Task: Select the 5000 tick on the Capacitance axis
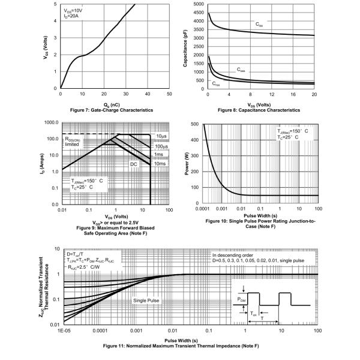point(214,4)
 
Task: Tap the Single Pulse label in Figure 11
point(146,300)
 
